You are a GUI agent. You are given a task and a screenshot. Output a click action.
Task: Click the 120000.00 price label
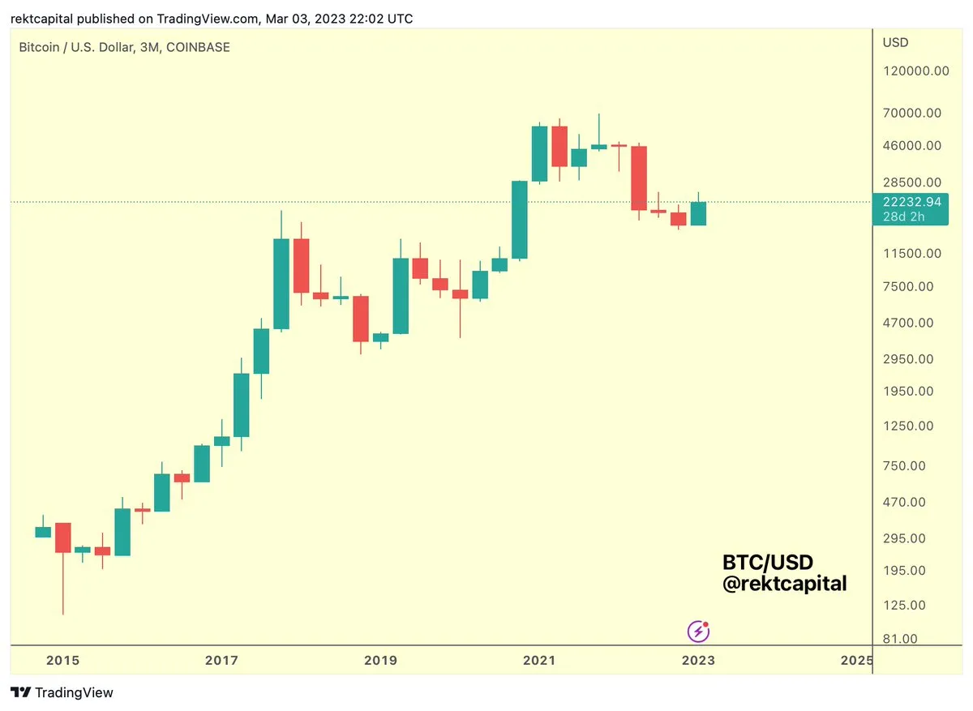pyautogui.click(x=916, y=71)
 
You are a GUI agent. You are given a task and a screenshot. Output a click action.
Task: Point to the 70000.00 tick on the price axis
pyautogui.click(x=913, y=113)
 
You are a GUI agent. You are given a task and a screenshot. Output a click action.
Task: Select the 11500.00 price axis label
pyautogui.click(x=913, y=254)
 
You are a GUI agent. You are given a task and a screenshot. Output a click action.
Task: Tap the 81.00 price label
pyautogui.click(x=899, y=639)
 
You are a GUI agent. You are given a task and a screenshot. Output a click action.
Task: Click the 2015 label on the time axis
pyautogui.click(x=62, y=661)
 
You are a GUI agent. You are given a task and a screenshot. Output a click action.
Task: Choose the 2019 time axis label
pyautogui.click(x=381, y=661)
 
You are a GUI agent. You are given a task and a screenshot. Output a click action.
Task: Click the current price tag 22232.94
pyautogui.click(x=913, y=202)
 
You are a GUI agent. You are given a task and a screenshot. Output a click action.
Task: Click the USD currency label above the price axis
pyautogui.click(x=895, y=42)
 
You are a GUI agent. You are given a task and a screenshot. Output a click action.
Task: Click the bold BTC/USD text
pyautogui.click(x=767, y=563)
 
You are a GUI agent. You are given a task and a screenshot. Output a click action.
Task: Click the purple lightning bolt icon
pyautogui.click(x=698, y=631)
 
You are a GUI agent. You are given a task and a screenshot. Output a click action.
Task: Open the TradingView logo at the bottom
pyautogui.click(x=62, y=693)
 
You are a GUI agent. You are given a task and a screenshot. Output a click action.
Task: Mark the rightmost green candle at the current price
pyautogui.click(x=698, y=213)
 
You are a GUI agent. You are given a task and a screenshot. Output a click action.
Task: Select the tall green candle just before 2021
pyautogui.click(x=519, y=220)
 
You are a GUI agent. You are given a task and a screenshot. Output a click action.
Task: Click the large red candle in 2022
pyautogui.click(x=639, y=178)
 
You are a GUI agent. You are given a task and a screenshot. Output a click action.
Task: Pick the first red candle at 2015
pyautogui.click(x=62, y=538)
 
